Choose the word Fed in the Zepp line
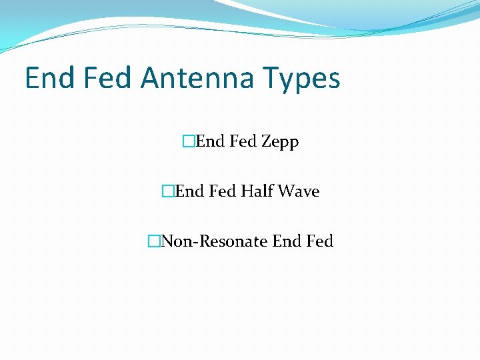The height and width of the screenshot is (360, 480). (x=243, y=141)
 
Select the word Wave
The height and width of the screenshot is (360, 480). (x=299, y=191)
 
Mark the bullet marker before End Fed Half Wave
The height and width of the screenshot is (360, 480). (x=167, y=191)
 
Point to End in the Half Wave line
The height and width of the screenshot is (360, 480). (x=190, y=191)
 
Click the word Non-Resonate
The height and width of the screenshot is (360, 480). (x=214, y=241)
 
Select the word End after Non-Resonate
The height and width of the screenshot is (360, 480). (x=287, y=241)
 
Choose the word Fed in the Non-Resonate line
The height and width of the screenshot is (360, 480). (x=319, y=241)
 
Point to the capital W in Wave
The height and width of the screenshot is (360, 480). (x=285, y=191)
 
